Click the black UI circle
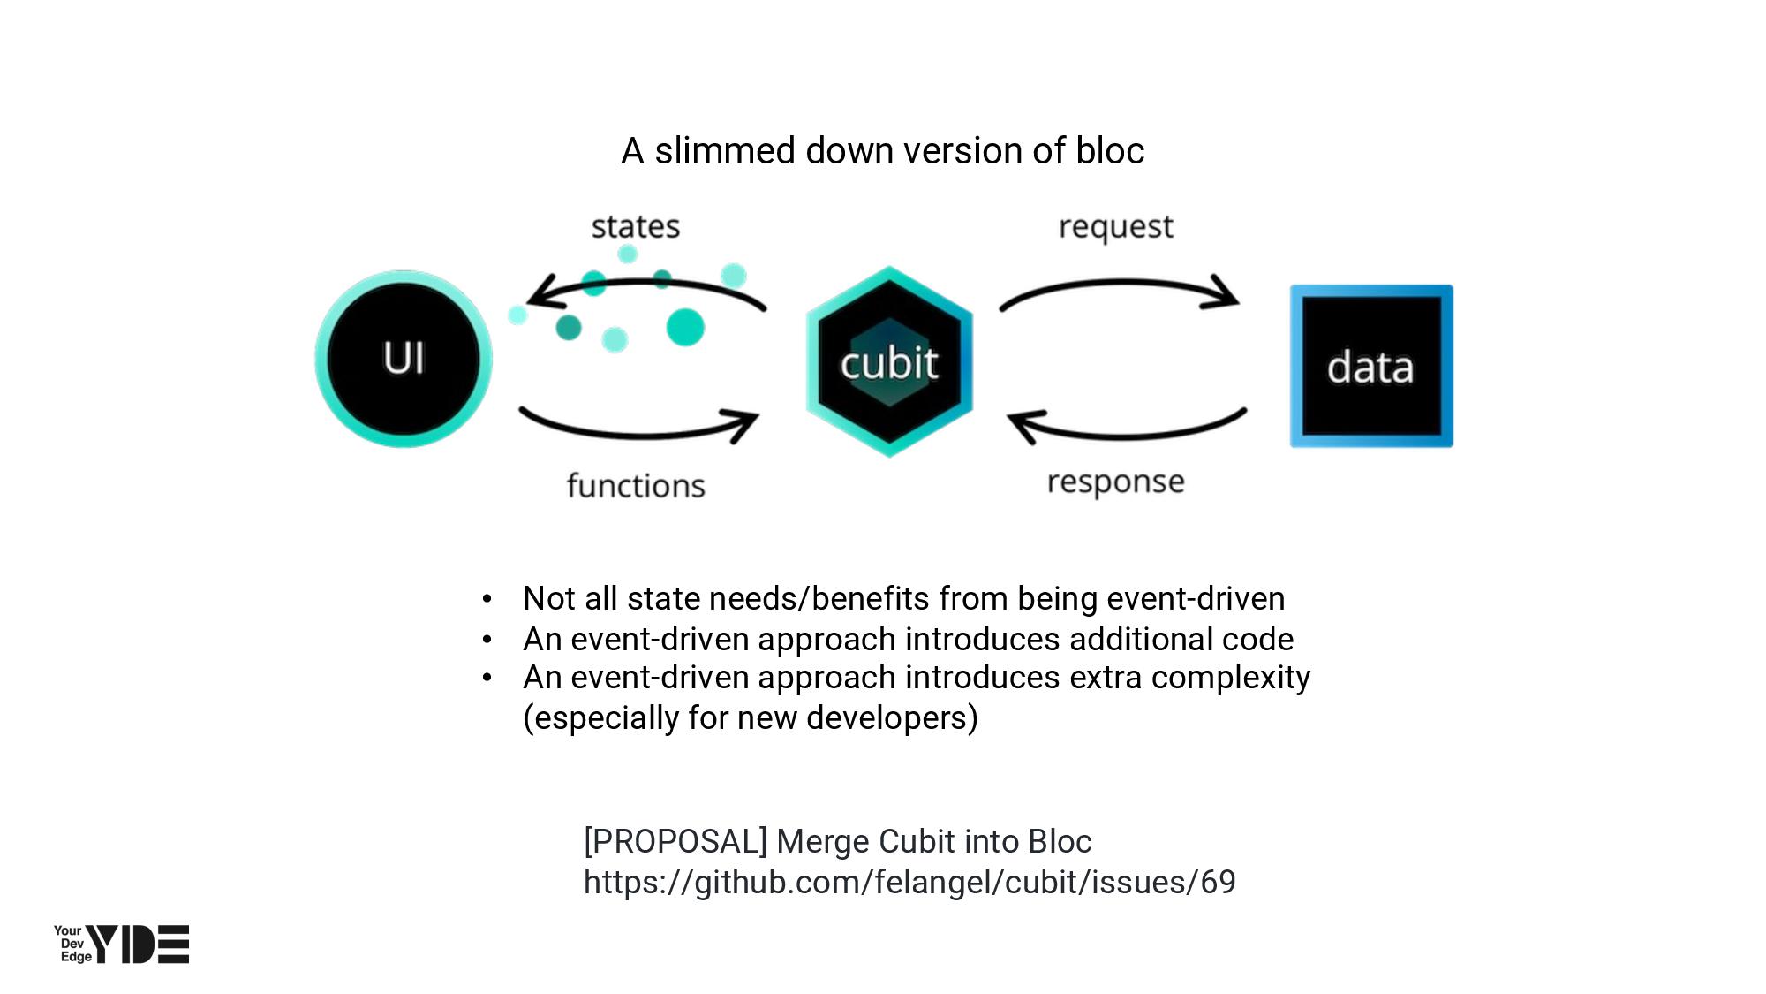point(404,359)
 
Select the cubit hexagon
point(889,361)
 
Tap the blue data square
point(1370,366)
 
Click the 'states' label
point(636,227)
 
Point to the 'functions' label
point(636,486)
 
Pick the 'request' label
point(1116,227)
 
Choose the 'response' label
point(1116,482)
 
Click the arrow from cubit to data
point(1120,285)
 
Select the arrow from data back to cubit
point(1126,433)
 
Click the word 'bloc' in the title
point(1110,151)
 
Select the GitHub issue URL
point(909,882)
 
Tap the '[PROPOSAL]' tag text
point(675,841)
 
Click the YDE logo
point(122,944)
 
